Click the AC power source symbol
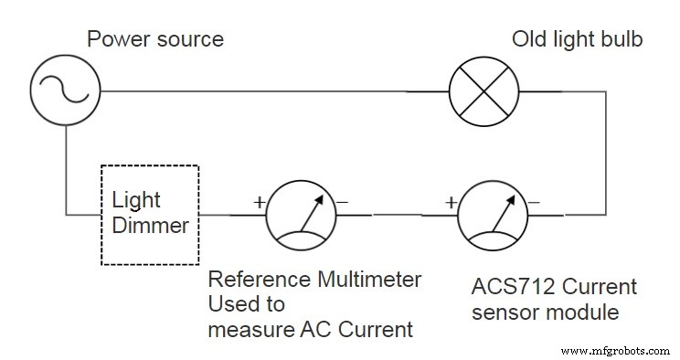tap(65, 91)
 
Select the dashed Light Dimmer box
tap(151, 215)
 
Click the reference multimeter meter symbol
tap(302, 215)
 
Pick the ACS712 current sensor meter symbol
tap(494, 215)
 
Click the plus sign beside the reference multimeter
tap(259, 202)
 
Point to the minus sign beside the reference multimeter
tap(342, 202)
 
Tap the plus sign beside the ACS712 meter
tap(451, 202)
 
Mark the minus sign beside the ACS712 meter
tap(533, 202)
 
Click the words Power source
tap(154, 39)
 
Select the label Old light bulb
tap(578, 39)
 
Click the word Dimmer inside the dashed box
tap(151, 224)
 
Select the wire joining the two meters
tap(396, 215)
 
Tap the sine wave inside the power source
tap(65, 91)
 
